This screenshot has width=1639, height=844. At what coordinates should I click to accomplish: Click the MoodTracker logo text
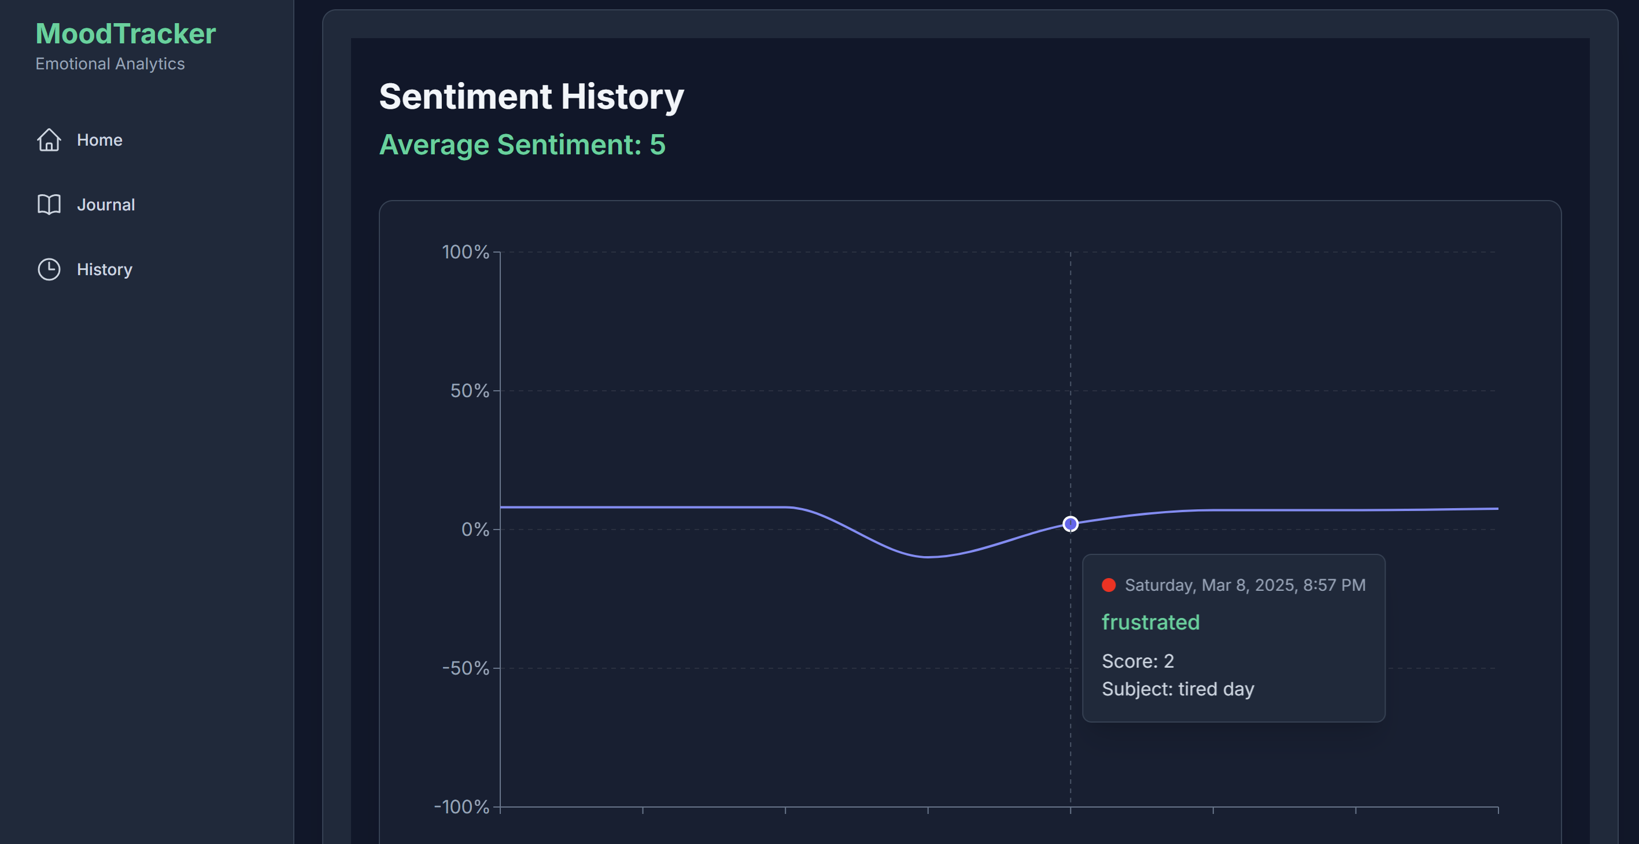click(125, 34)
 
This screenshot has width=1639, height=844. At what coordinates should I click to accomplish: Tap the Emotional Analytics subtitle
click(110, 64)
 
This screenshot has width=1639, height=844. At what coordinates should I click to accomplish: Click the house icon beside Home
click(49, 140)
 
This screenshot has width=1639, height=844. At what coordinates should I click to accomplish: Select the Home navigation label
click(99, 140)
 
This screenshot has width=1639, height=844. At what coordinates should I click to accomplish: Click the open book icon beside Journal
click(49, 204)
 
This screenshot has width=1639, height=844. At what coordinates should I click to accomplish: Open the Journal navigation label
click(106, 205)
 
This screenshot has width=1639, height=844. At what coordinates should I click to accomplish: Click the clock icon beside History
click(49, 269)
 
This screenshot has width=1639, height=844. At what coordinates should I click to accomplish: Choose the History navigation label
click(104, 269)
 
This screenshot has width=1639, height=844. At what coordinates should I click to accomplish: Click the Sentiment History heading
click(531, 96)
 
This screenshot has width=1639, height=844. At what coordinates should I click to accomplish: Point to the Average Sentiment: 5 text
click(522, 145)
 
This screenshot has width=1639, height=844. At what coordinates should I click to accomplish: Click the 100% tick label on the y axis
click(465, 252)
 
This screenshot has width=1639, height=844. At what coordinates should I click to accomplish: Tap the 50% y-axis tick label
click(470, 391)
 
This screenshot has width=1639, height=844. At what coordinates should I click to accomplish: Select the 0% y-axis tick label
click(475, 529)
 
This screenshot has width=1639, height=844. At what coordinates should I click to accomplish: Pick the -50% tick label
click(465, 668)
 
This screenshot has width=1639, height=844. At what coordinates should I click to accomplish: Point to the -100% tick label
click(462, 806)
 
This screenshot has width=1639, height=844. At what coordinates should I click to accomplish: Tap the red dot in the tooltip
click(1108, 585)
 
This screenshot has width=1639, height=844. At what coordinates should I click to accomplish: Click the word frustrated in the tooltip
click(1150, 622)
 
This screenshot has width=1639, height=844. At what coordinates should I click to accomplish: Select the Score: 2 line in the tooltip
click(1138, 661)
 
